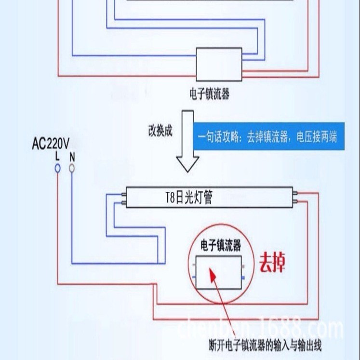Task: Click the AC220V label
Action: coord(50,144)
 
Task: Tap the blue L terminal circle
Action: coord(57,168)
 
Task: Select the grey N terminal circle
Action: coord(72,168)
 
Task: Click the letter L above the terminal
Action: coord(57,156)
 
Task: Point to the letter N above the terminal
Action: coord(72,157)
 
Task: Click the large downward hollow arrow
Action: coord(187,142)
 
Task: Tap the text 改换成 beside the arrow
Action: coord(160,131)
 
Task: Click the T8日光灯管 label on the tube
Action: coord(187,198)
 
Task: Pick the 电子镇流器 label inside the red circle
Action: coord(221,246)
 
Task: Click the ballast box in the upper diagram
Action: coord(218,64)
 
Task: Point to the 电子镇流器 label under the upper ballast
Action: coord(210,93)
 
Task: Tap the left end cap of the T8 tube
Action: coord(122,198)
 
